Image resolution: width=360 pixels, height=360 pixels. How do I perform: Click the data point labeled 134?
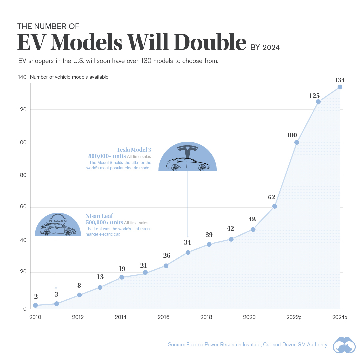coord(340,87)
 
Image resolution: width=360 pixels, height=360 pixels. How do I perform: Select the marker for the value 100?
coord(297,142)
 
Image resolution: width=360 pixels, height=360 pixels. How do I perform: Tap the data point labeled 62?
coord(275,206)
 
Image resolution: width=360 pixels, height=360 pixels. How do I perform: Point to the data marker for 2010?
coord(35,305)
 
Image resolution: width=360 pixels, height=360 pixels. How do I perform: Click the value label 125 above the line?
coord(315,96)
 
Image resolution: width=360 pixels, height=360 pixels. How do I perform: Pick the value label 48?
coord(252,219)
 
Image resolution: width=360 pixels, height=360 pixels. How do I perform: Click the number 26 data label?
coord(167,256)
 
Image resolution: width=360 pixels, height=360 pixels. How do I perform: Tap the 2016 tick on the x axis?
coord(163,317)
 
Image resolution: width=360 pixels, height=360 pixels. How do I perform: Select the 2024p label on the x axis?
coord(339,317)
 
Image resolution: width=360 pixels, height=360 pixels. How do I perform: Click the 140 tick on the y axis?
coord(22,77)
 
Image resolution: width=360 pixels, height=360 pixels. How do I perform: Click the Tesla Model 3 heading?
coord(134,150)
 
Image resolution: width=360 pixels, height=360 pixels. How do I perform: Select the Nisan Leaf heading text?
coord(99,216)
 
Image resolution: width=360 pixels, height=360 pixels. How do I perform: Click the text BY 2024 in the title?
coord(265,47)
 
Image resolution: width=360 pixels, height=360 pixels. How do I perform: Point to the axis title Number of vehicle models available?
coord(69,77)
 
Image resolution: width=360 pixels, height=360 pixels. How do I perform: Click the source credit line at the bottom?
coord(247,344)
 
